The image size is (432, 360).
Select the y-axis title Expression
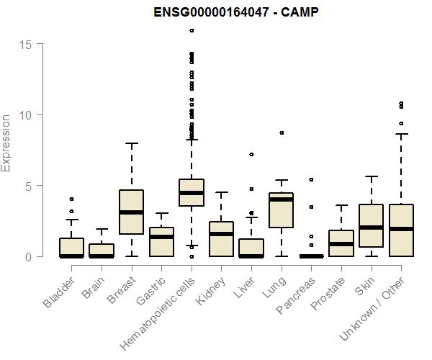point(6,143)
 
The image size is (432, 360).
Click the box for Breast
point(131,212)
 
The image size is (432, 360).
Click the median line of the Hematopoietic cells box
point(191,193)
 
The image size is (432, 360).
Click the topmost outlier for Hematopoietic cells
point(191,30)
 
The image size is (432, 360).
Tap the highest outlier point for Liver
point(251,154)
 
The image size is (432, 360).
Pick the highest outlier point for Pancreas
point(311,179)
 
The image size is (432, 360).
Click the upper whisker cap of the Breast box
point(131,143)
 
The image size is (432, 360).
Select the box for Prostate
point(341,243)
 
